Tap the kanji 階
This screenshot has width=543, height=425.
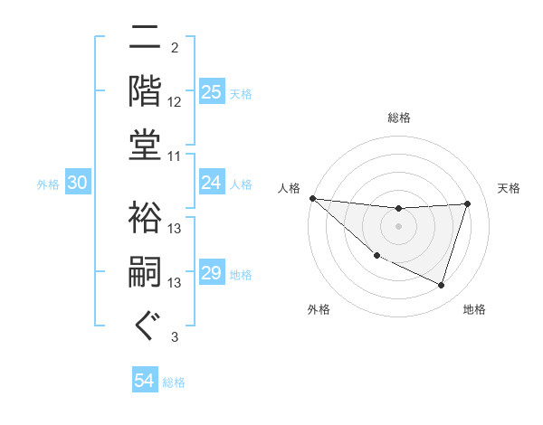tap(146, 90)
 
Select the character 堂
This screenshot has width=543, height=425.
tap(146, 145)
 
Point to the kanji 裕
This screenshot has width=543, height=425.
tap(146, 217)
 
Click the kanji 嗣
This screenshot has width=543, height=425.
tap(146, 271)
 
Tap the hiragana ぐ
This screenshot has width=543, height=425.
tap(146, 326)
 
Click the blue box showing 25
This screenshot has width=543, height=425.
tap(211, 91)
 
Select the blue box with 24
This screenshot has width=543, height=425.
tap(211, 183)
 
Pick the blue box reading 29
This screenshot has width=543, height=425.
tap(211, 273)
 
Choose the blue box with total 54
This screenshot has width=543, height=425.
tap(145, 381)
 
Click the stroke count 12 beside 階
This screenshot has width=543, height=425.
tap(175, 102)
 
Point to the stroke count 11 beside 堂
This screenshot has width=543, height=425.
tap(175, 156)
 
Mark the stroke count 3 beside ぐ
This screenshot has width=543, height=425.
tap(175, 337)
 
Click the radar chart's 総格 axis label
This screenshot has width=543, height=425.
tap(398, 118)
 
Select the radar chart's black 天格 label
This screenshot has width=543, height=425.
tap(509, 188)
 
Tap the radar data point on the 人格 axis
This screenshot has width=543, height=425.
tap(312, 198)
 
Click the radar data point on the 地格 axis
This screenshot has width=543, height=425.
tap(441, 286)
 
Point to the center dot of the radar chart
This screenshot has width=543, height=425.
tap(398, 226)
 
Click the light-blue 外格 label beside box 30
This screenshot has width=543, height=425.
tap(48, 184)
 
